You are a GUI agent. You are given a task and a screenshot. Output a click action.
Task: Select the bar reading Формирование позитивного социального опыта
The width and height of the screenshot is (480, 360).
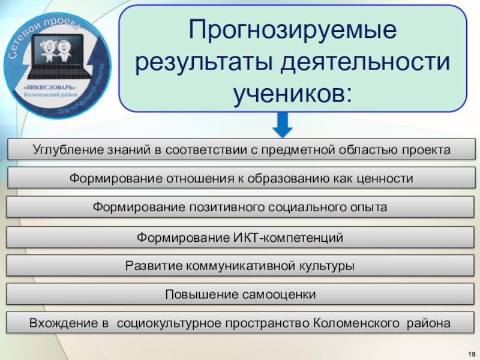[x=240, y=208]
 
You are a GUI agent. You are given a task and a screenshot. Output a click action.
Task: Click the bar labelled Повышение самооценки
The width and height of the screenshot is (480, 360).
[x=240, y=295]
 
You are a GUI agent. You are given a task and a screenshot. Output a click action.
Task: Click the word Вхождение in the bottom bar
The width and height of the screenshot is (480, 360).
[x=63, y=323]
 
